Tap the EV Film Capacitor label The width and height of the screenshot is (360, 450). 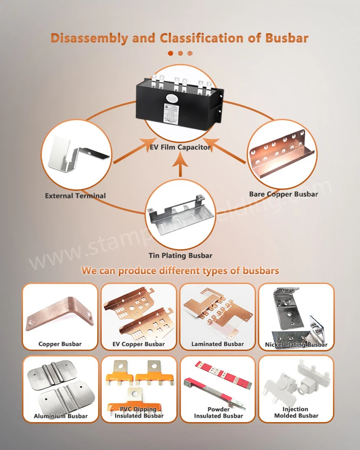click(x=180, y=147)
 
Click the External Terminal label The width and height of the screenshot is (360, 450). click(x=75, y=196)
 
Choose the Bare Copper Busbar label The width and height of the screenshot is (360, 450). click(x=283, y=194)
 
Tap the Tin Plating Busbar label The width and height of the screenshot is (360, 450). click(x=180, y=256)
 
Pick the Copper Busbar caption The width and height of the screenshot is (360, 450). click(x=60, y=344)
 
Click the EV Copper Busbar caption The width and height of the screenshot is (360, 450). click(x=139, y=344)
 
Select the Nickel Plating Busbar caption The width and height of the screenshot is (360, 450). click(x=296, y=344)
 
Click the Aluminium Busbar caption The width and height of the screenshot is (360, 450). click(x=61, y=416)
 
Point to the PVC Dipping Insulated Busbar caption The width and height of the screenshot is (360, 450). click(x=139, y=412)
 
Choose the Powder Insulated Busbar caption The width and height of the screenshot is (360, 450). click(x=218, y=412)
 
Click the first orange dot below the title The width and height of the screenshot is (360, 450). click(x=170, y=53)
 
